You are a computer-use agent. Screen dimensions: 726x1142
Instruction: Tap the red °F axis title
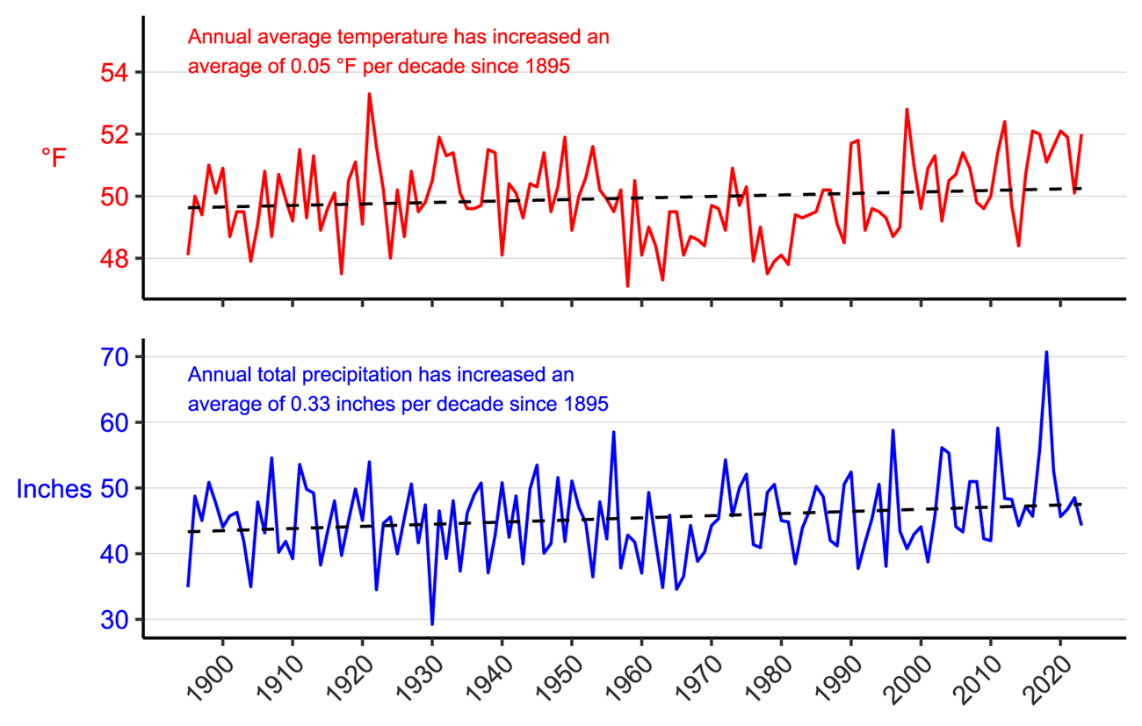pos(54,158)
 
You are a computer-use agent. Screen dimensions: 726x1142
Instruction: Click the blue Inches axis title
pos(54,489)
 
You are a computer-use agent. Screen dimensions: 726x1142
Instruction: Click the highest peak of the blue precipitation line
pos(1046,352)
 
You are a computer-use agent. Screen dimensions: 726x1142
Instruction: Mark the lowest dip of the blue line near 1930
pos(432,624)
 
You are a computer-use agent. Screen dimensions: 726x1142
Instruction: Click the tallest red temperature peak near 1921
pos(369,93)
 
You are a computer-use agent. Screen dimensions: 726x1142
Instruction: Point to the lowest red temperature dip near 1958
pos(627,285)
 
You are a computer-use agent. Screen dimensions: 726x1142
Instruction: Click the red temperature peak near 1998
pos(907,110)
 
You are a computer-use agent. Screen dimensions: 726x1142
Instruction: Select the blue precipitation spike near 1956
pos(613,432)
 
